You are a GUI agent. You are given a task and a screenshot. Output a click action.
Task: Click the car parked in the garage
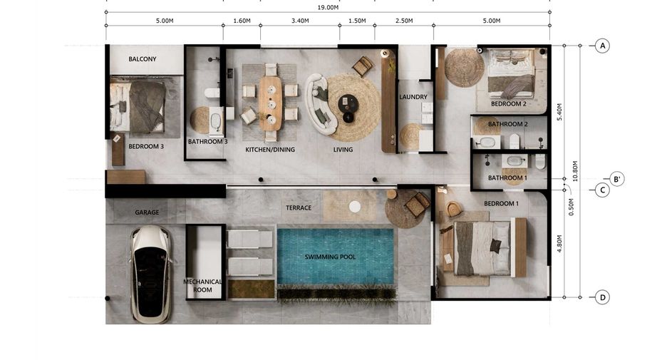(150, 274)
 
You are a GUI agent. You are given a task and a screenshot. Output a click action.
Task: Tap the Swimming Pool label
(330, 257)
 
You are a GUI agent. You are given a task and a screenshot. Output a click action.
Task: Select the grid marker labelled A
(602, 46)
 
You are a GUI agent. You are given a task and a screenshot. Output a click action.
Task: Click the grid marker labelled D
(602, 297)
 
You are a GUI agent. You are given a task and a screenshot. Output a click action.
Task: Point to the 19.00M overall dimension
(328, 7)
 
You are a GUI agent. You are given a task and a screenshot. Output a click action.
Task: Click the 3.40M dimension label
(300, 21)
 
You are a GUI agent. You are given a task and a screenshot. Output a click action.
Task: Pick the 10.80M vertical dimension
(575, 171)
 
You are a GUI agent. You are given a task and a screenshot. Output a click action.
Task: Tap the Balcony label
(143, 59)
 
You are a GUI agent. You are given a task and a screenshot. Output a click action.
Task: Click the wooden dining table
(270, 103)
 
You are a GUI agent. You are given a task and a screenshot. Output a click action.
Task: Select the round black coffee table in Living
(348, 104)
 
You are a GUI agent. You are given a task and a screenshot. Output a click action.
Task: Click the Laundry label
(413, 97)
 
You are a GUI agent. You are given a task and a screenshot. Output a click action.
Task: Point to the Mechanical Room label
(202, 286)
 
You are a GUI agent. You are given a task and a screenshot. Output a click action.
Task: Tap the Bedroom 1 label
(501, 203)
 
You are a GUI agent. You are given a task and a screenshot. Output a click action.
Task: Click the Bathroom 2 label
(508, 124)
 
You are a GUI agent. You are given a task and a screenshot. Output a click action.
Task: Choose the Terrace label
(298, 207)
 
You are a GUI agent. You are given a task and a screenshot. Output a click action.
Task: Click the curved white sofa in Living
(320, 104)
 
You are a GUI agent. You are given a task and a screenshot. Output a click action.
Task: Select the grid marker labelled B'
(616, 179)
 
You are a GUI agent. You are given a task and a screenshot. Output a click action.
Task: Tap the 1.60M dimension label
(242, 21)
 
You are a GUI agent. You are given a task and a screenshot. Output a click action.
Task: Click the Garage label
(147, 212)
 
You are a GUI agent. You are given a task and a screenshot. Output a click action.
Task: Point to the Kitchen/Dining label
(270, 150)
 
